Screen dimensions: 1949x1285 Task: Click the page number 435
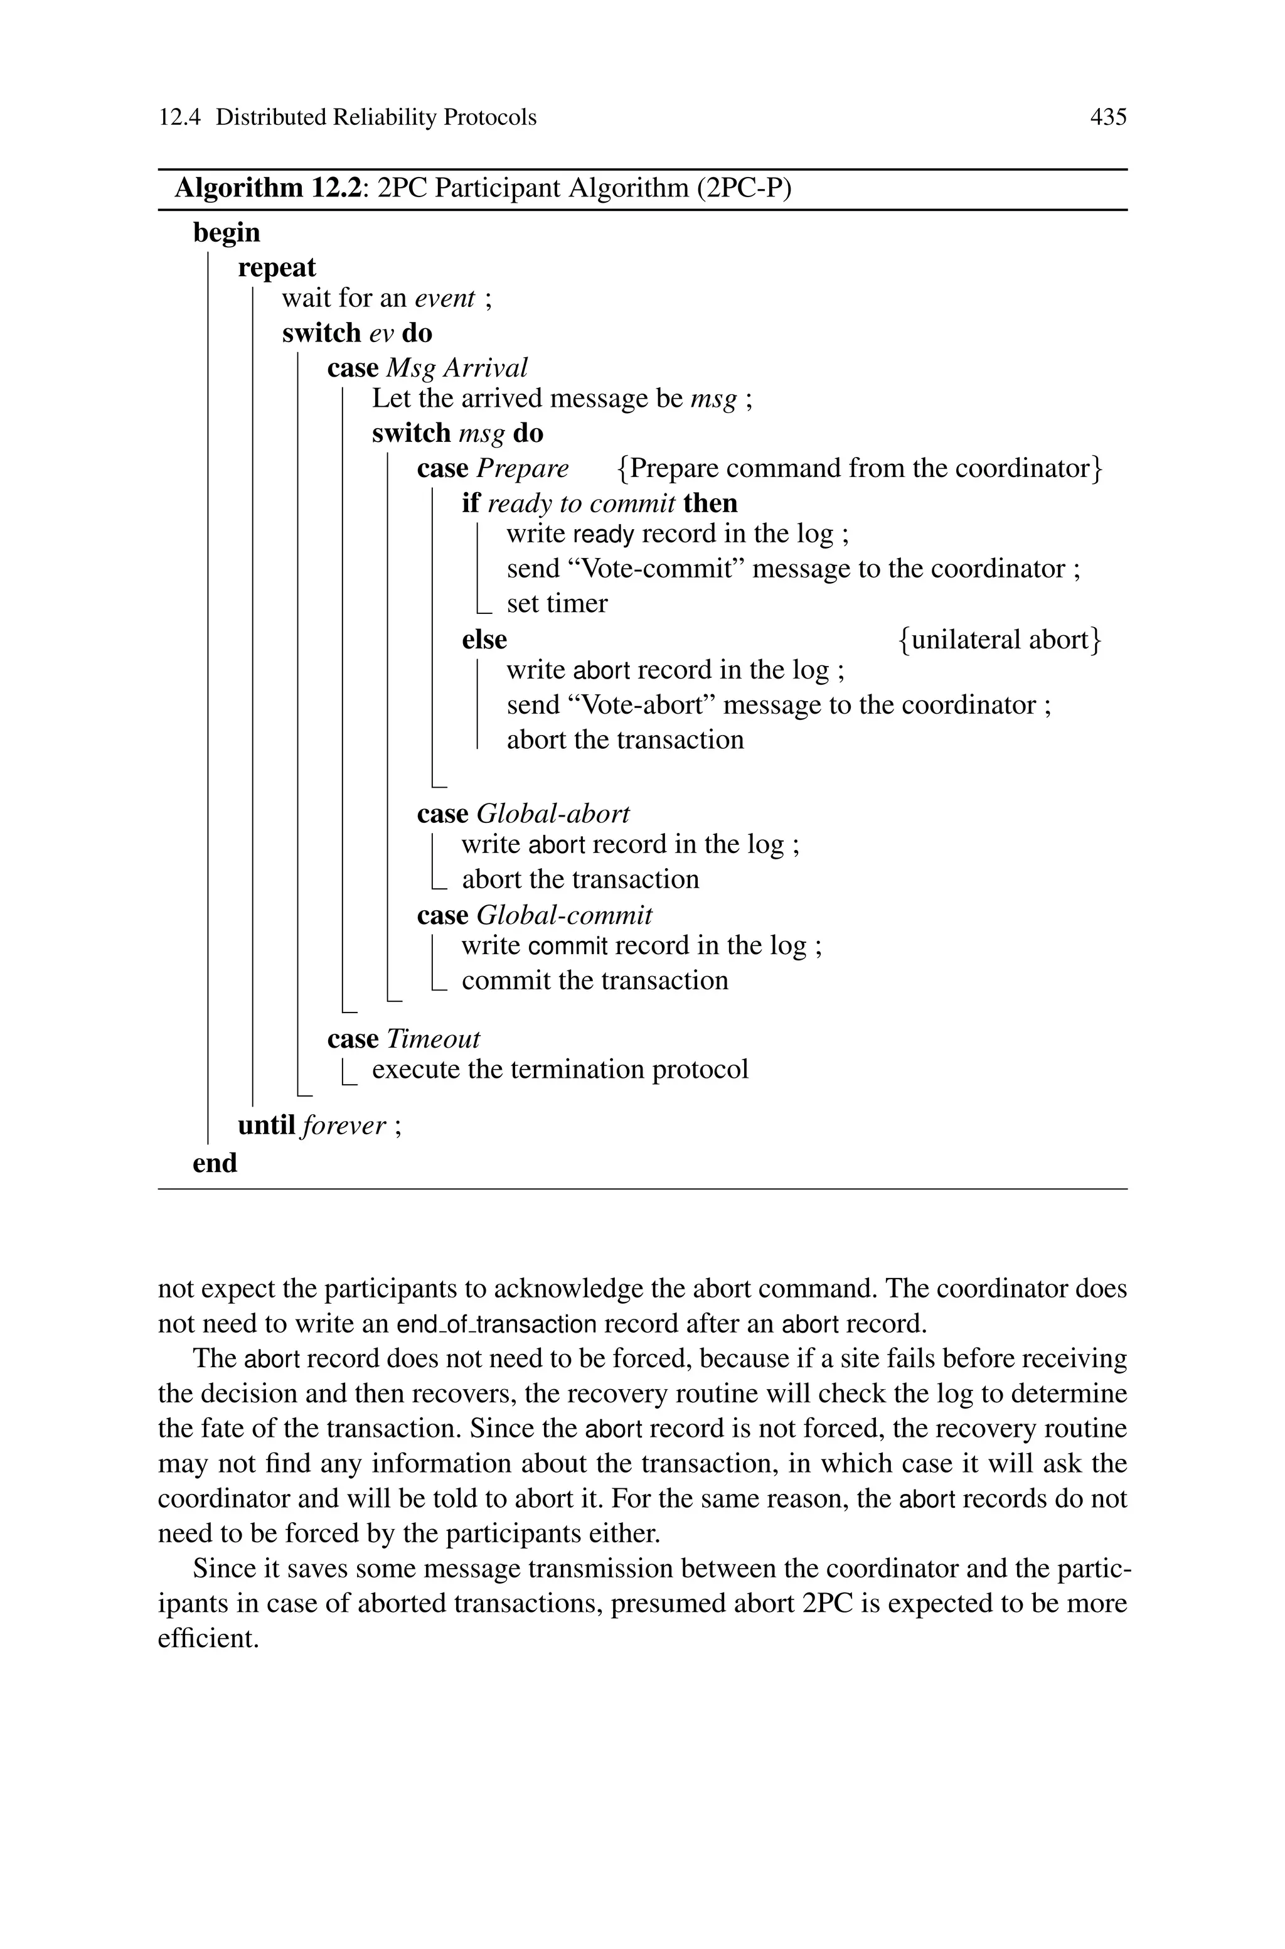click(1108, 118)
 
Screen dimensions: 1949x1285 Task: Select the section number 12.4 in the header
click(179, 118)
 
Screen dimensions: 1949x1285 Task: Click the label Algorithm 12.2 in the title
click(268, 188)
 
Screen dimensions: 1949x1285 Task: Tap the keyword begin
click(226, 233)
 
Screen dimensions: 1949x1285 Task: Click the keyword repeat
click(276, 268)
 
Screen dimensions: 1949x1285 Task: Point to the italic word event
click(445, 298)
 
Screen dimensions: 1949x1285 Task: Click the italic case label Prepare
click(522, 468)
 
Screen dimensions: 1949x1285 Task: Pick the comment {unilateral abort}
click(1000, 639)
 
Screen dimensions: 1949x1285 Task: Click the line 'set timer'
click(557, 604)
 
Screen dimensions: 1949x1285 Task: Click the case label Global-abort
click(552, 814)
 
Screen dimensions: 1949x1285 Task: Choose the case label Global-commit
click(564, 915)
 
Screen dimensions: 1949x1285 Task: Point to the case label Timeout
click(433, 1039)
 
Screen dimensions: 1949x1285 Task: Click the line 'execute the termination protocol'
click(560, 1070)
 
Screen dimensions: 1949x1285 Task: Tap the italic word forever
click(343, 1126)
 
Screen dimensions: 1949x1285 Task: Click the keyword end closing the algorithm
click(215, 1163)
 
